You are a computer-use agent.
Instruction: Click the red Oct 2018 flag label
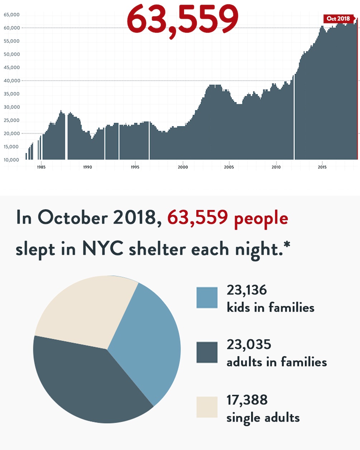point(339,19)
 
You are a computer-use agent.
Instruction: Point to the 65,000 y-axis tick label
point(11,15)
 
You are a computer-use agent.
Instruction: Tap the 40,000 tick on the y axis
point(11,81)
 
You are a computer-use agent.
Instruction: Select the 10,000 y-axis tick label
point(11,160)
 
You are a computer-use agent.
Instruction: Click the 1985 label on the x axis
point(41,167)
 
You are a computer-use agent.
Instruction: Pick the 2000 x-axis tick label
point(183,167)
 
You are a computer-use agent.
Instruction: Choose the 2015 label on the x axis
point(322,167)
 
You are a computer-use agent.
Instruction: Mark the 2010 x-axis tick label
point(276,167)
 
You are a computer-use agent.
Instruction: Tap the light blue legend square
point(207,297)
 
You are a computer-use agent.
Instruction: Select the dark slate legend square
point(207,352)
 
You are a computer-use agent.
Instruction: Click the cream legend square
point(207,407)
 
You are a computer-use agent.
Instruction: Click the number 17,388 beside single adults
point(247,400)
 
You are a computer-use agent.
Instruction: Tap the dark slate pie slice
point(86,383)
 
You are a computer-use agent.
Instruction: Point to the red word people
point(261,219)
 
